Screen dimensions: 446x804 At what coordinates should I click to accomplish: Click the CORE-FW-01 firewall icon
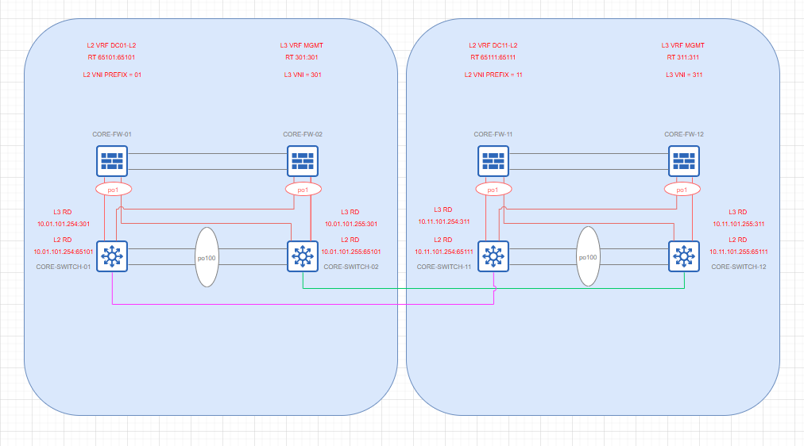(x=112, y=162)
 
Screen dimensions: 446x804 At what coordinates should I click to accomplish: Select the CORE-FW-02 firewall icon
(x=303, y=162)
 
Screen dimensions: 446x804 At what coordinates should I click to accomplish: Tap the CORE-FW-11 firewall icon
(x=493, y=162)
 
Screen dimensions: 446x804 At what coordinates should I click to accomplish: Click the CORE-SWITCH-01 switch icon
(x=112, y=256)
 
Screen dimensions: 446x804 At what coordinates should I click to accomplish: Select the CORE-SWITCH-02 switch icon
(x=303, y=256)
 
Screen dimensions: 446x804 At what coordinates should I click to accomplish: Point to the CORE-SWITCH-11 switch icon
(x=493, y=256)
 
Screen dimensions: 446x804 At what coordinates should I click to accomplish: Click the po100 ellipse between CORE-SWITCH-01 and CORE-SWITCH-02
(x=207, y=257)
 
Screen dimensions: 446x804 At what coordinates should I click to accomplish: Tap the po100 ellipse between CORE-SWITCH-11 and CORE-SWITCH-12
(x=588, y=257)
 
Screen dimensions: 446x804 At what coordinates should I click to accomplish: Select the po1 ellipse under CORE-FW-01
(x=112, y=190)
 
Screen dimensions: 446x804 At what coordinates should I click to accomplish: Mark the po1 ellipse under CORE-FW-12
(x=682, y=190)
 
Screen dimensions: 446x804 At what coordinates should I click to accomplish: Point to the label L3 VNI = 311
(x=683, y=75)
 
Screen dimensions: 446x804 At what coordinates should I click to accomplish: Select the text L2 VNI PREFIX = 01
(x=112, y=75)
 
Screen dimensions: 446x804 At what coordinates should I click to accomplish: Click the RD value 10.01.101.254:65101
(x=63, y=252)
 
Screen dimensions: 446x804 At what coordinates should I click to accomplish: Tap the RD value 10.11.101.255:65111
(x=739, y=252)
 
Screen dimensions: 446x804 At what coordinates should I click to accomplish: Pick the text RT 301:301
(x=302, y=58)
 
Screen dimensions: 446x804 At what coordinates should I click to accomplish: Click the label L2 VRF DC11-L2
(x=493, y=45)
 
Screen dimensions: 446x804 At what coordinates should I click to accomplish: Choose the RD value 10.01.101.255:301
(x=351, y=224)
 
